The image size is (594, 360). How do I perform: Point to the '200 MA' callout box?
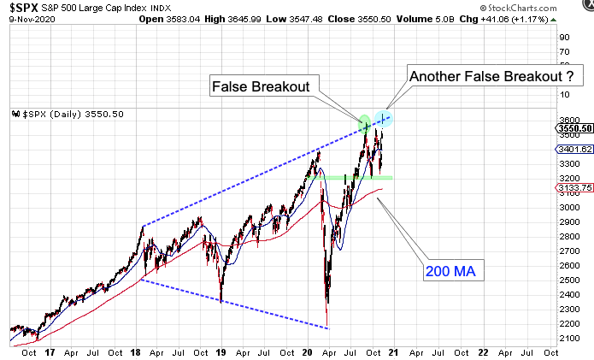[x=450, y=273]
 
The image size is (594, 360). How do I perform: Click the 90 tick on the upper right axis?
[x=564, y=37]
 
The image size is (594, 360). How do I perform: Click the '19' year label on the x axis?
[x=221, y=351]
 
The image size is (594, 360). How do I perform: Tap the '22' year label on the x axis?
[x=484, y=351]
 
